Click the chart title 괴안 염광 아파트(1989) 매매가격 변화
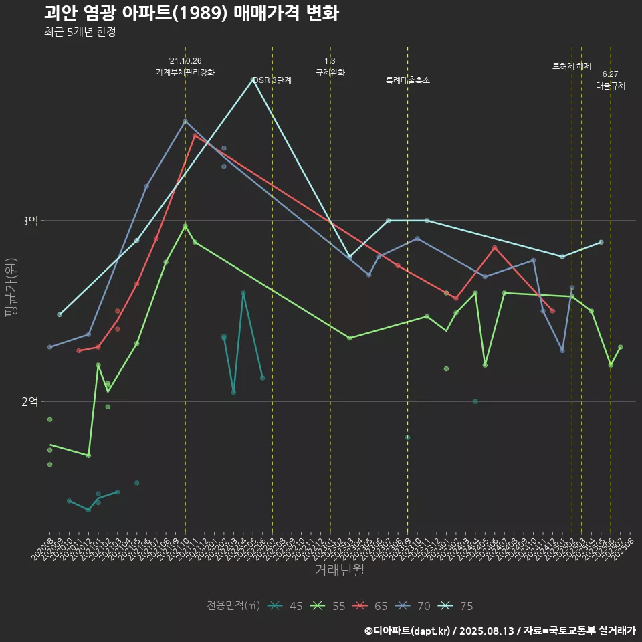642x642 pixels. tap(191, 13)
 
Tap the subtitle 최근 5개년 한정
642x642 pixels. tap(80, 32)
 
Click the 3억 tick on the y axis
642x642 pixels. tap(30, 221)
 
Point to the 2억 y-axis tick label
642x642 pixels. tap(30, 401)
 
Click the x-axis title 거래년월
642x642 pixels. tap(340, 570)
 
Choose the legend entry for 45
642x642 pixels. tap(286, 606)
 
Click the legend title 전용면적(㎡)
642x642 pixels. tap(233, 606)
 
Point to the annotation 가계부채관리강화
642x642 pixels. tap(185, 72)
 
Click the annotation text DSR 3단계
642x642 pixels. tap(272, 80)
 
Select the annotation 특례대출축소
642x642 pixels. tap(408, 80)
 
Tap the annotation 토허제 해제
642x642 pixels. tap(572, 66)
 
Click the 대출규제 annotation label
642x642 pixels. tap(611, 86)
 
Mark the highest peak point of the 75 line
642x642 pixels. tap(253, 80)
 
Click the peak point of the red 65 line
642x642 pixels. tap(195, 136)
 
